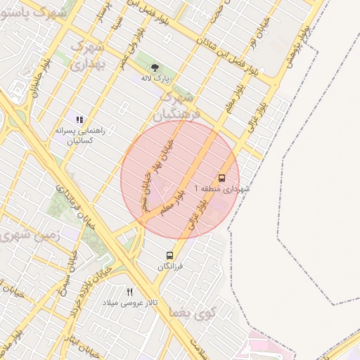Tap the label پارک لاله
156,79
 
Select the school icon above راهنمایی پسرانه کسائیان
79,120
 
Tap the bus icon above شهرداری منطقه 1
222,178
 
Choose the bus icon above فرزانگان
169,255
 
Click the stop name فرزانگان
169,266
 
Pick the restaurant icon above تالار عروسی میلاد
129,292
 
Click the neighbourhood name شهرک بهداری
89,55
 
